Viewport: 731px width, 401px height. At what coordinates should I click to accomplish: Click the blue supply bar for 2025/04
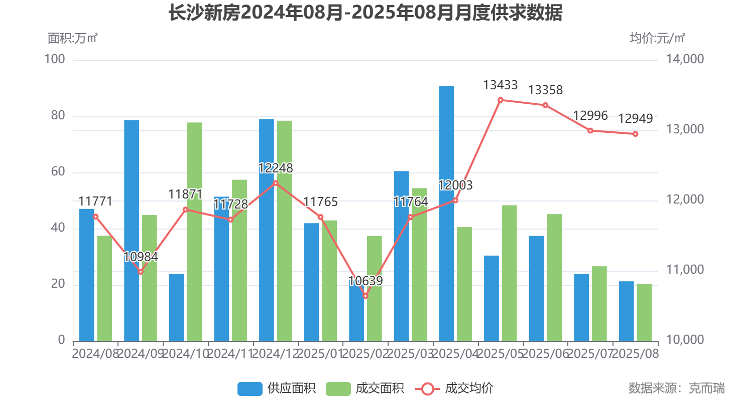pos(446,214)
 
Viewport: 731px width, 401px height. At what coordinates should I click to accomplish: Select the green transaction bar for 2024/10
pos(194,232)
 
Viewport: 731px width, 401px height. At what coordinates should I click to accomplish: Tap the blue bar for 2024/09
pos(132,231)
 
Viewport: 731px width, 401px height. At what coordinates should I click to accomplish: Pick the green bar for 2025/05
pos(509,273)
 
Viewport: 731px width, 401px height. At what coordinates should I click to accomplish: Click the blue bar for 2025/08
pos(626,311)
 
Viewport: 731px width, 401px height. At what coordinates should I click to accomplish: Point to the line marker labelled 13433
pos(501,100)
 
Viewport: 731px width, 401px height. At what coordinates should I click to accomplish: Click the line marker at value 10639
pos(365,296)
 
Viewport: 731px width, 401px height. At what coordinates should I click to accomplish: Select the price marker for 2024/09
pos(141,272)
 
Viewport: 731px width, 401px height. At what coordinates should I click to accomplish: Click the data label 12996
pos(590,116)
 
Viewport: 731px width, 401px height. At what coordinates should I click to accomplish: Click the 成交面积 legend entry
pos(365,388)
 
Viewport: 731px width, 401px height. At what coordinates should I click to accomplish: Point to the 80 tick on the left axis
pos(58,116)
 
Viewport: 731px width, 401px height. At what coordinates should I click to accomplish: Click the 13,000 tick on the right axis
pos(685,130)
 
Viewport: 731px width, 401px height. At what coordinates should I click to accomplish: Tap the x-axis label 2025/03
pos(411,354)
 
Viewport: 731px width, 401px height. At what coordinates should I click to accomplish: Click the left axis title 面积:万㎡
pos(73,38)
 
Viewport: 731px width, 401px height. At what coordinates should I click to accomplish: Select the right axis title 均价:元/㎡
pos(657,38)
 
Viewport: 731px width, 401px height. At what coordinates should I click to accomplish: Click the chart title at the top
pos(365,14)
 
